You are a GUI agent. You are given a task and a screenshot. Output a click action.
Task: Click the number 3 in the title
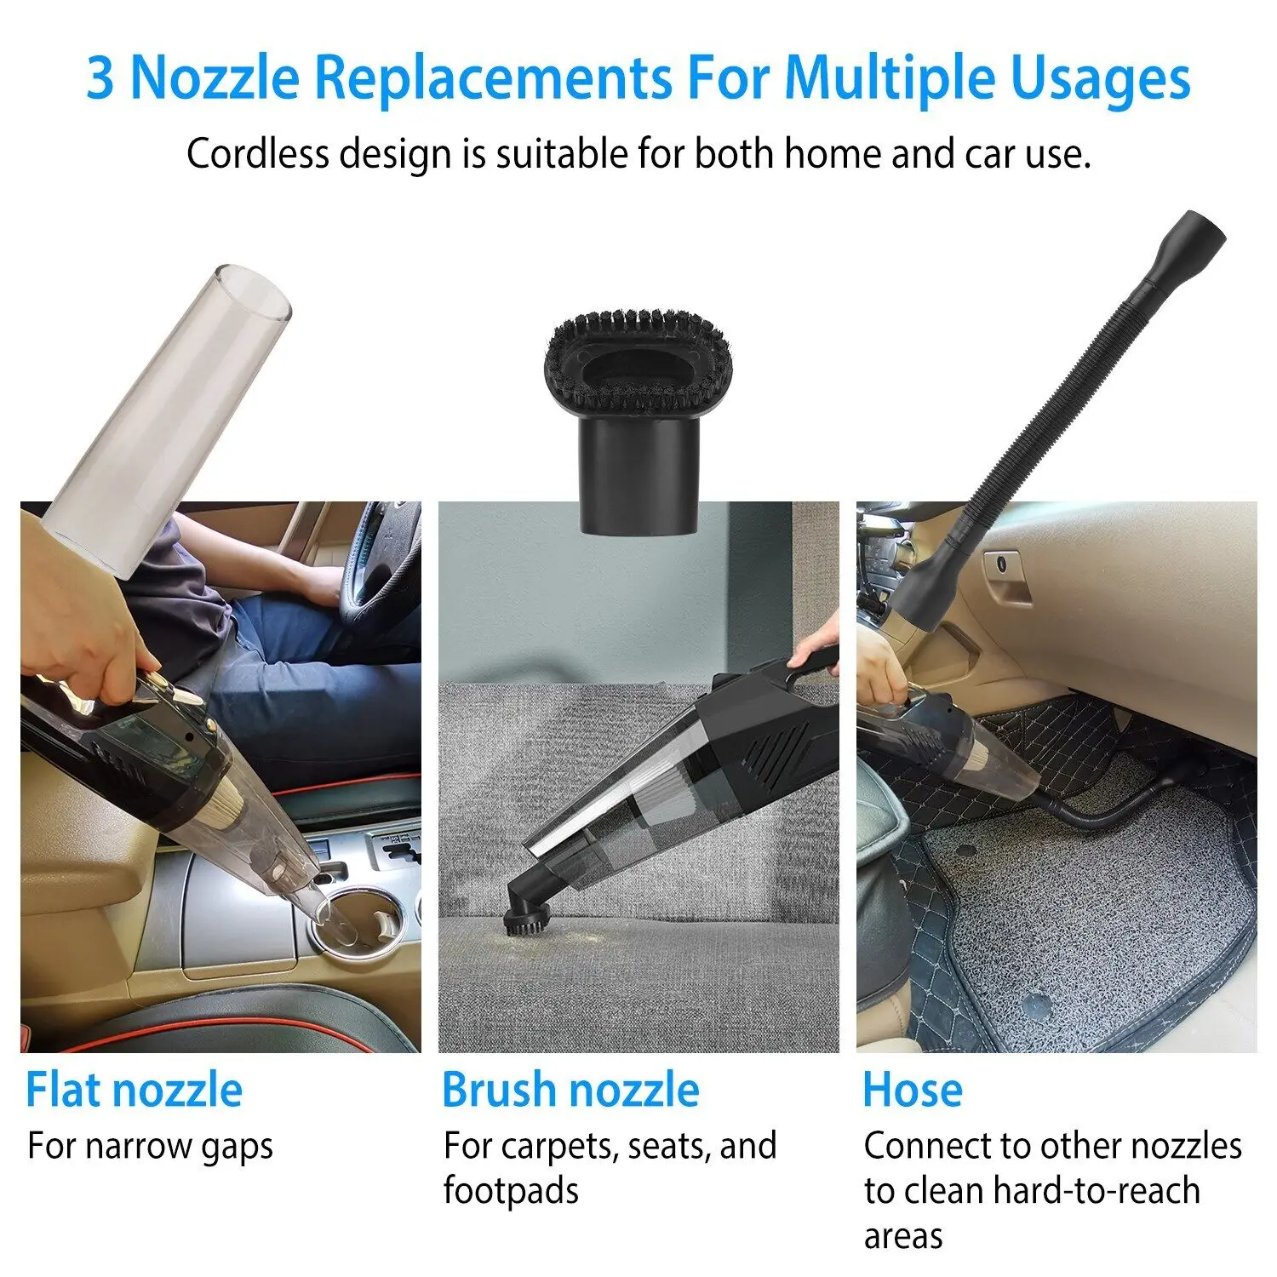[100, 78]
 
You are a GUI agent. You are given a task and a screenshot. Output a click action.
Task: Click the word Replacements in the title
[493, 78]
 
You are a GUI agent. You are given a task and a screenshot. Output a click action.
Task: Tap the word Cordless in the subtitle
[257, 154]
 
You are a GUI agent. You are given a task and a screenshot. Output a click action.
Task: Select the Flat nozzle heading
[134, 1090]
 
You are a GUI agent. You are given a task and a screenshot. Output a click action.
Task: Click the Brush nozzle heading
[570, 1090]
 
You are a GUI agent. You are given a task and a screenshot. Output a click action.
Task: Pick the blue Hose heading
[912, 1090]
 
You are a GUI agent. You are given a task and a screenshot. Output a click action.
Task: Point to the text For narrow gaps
[150, 1146]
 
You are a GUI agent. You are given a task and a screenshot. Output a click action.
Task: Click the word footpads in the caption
[511, 1189]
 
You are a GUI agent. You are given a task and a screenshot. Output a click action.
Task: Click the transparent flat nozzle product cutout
[170, 417]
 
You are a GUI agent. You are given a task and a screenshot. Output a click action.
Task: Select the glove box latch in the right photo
[1005, 565]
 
